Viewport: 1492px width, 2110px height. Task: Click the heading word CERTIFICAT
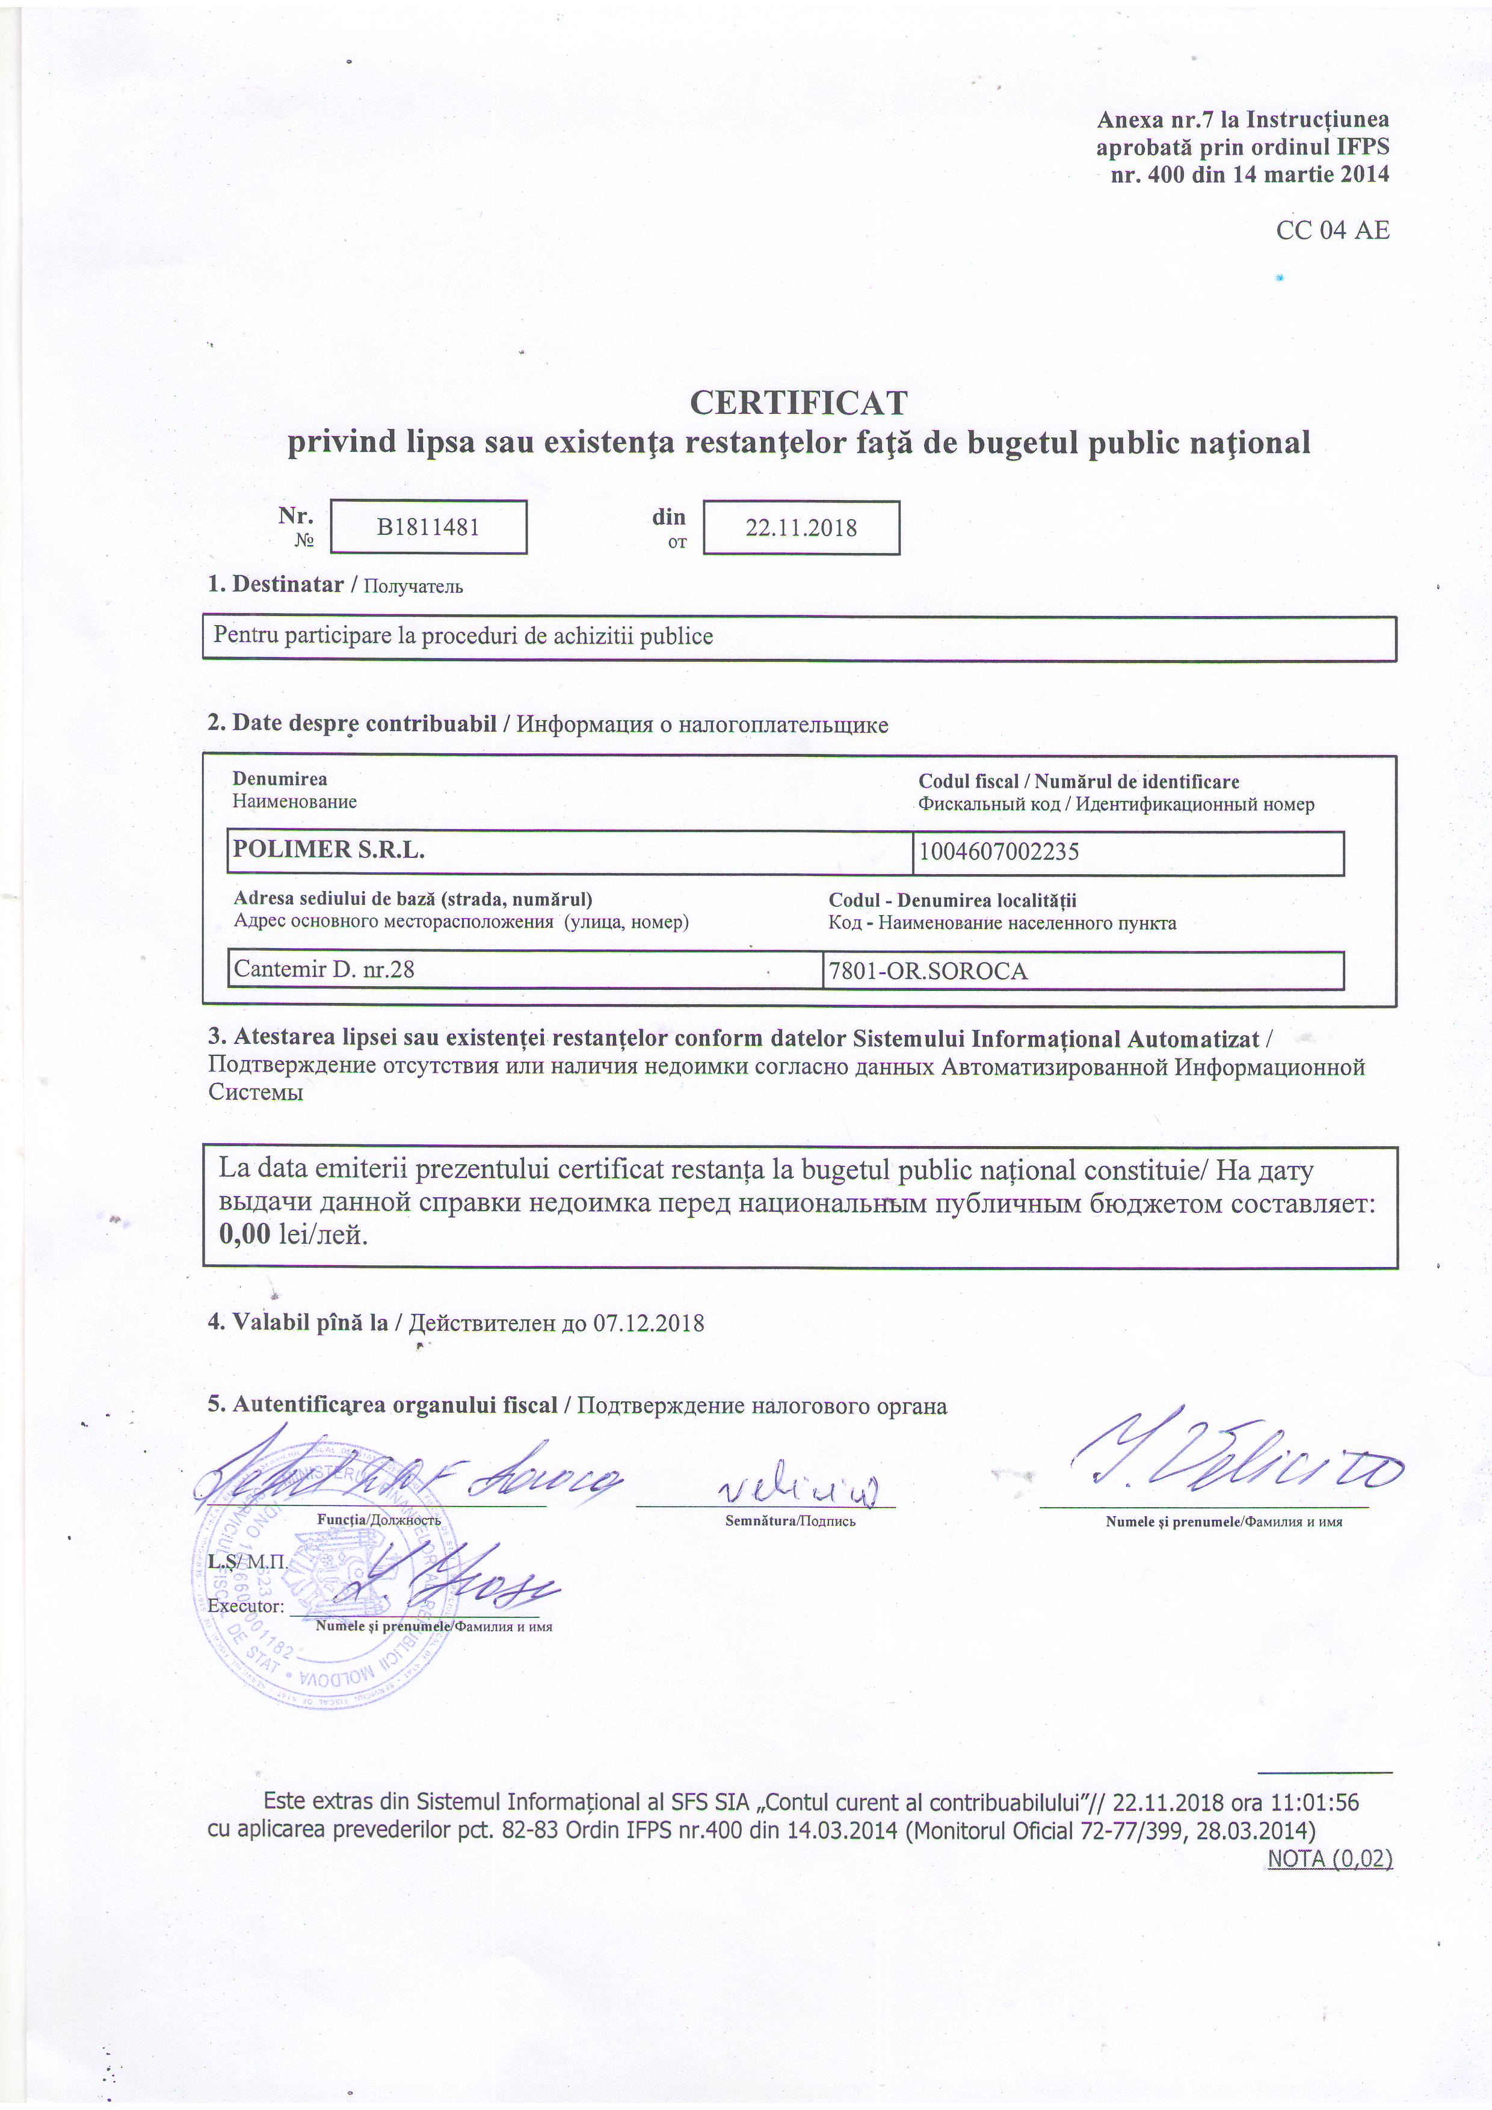tap(798, 403)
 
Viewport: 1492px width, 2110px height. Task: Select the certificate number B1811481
tap(428, 528)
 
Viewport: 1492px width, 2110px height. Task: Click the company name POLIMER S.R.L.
tap(329, 850)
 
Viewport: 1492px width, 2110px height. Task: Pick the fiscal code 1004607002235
tap(999, 852)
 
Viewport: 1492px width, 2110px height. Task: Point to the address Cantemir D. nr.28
tap(324, 969)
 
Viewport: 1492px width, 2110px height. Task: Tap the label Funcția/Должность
tap(378, 1520)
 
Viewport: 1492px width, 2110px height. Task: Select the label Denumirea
tap(279, 779)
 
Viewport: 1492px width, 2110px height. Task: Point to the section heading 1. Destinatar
tap(276, 584)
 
